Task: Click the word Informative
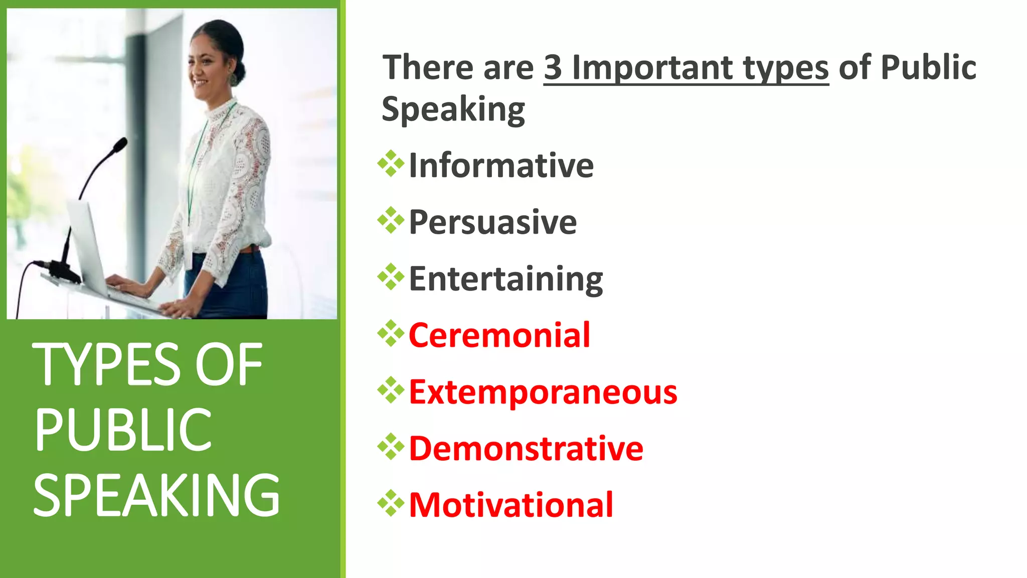point(501,166)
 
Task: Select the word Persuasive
point(492,222)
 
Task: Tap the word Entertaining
point(505,279)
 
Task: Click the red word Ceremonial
point(499,335)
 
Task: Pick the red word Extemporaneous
point(543,392)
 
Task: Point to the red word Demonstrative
point(526,449)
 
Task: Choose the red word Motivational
point(511,505)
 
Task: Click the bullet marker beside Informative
point(391,164)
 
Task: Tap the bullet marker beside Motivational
point(391,503)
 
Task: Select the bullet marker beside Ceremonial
point(391,333)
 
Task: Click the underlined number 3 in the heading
point(553,68)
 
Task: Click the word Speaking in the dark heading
point(453,109)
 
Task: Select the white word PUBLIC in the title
point(123,429)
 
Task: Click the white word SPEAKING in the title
point(156,496)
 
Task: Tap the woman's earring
point(233,79)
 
